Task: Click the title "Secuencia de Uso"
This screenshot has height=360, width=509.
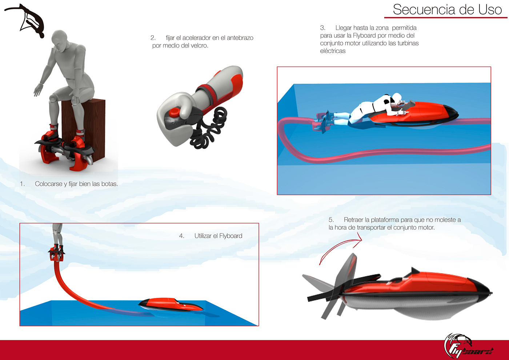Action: pyautogui.click(x=447, y=9)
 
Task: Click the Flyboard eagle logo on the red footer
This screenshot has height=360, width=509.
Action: pyautogui.click(x=468, y=346)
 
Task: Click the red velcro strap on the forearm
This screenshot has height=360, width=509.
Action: pyautogui.click(x=208, y=95)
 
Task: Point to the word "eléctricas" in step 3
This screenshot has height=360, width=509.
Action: pyautogui.click(x=333, y=51)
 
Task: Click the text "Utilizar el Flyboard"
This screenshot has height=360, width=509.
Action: pyautogui.click(x=218, y=236)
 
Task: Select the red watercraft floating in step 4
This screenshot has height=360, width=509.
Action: pyautogui.click(x=171, y=305)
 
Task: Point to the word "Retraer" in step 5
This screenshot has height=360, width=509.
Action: pyautogui.click(x=353, y=220)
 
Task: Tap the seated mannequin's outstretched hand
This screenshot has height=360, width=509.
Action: pyautogui.click(x=38, y=90)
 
